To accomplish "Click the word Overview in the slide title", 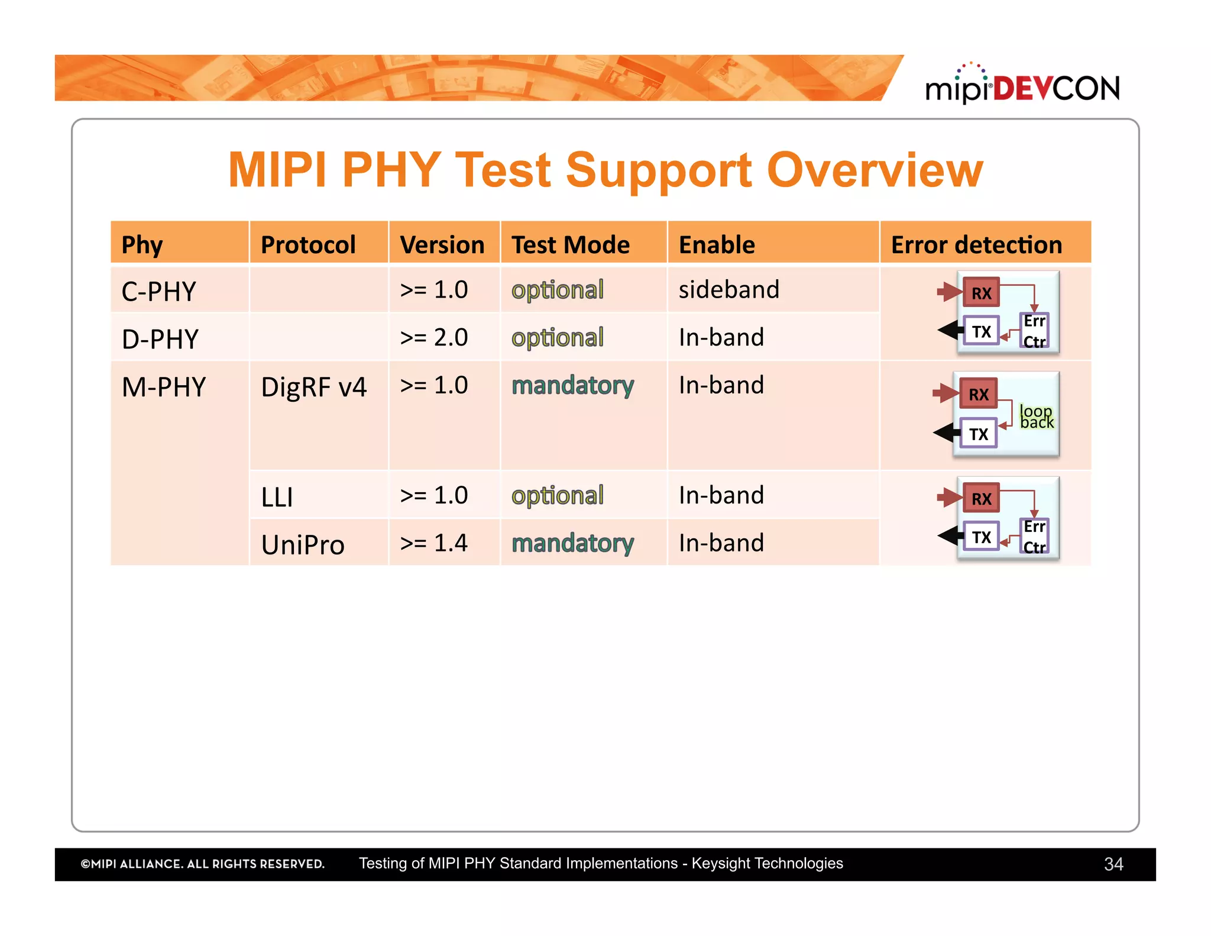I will pos(875,170).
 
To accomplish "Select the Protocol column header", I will pos(308,244).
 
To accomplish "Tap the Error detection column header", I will pos(976,244).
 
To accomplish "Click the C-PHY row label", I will pos(158,291).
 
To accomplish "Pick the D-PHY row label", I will pos(160,339).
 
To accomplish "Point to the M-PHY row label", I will pos(164,387).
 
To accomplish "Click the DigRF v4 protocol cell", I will pos(313,387).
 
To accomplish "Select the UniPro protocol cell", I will pos(303,544).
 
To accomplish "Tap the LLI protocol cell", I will pos(277,496).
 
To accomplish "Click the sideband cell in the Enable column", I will pos(728,289).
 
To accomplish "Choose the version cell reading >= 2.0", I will pos(433,337).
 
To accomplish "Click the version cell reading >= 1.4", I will pos(433,543).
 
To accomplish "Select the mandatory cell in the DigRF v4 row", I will pos(572,385).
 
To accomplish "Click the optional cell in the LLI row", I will pos(557,495).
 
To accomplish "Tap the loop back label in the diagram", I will pos(1037,417).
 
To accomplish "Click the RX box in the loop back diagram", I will pos(978,394).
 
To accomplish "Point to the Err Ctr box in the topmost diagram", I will pos(1034,331).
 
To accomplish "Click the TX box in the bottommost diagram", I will pos(981,537).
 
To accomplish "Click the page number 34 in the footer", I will pos(1113,864).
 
